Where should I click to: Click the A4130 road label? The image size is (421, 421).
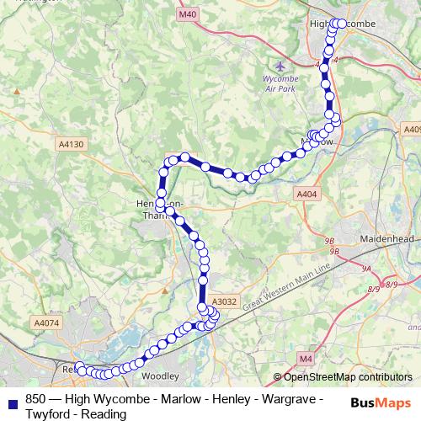[72, 145]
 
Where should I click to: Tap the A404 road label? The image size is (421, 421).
[307, 195]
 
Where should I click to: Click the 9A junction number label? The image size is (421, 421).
[367, 268]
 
